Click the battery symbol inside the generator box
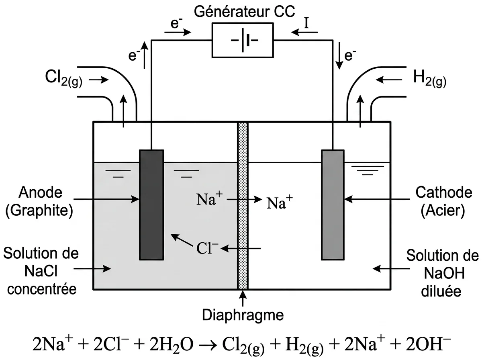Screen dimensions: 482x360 point(245,40)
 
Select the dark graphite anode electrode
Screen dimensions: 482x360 point(151,205)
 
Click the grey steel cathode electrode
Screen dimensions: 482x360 point(333,205)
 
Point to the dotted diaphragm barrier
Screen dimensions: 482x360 point(243,206)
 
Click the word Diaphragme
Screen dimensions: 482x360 point(243,315)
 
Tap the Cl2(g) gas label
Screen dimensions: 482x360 point(64,79)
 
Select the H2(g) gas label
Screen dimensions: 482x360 point(430,79)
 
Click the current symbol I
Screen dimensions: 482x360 point(306,23)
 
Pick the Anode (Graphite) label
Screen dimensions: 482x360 point(39,202)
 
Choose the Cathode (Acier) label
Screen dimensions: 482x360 point(443,202)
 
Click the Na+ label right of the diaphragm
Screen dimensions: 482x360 point(280,202)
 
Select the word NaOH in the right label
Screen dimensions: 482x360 point(444,273)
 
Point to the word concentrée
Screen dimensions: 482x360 point(42,289)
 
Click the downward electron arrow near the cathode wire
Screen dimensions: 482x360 point(339,56)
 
